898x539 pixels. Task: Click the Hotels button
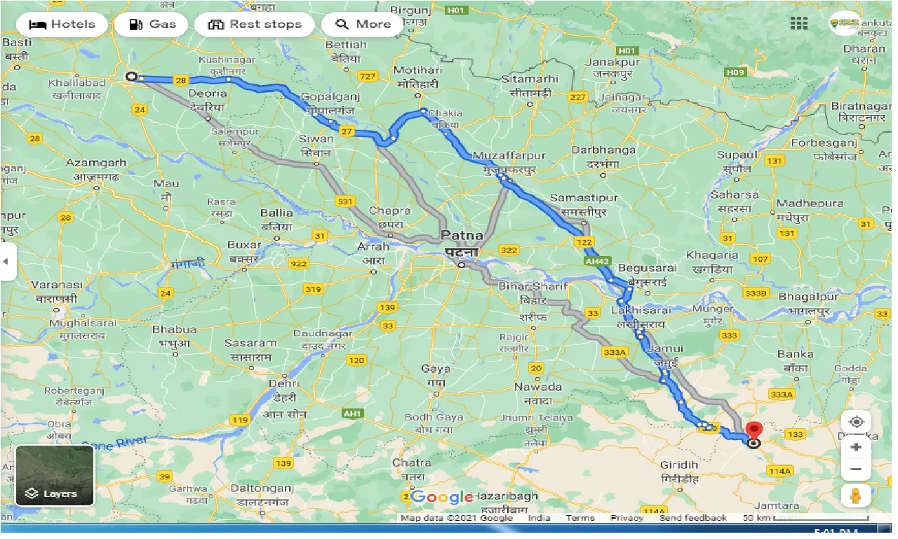tap(62, 24)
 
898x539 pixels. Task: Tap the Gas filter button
tap(152, 24)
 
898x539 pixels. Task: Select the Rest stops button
tap(255, 24)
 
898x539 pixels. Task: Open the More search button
tap(363, 24)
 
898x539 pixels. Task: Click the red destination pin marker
tap(754, 430)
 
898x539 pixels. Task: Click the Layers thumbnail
tap(55, 476)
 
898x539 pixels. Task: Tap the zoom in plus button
tap(856, 447)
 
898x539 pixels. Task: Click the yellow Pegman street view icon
tap(856, 495)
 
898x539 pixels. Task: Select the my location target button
tap(856, 422)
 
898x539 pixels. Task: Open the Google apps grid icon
tap(798, 24)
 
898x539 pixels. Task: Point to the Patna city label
tap(460, 236)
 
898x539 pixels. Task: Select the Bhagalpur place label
tap(809, 297)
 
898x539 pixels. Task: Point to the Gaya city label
tap(435, 368)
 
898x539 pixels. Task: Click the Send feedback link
tap(692, 518)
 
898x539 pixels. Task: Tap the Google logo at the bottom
tap(442, 498)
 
